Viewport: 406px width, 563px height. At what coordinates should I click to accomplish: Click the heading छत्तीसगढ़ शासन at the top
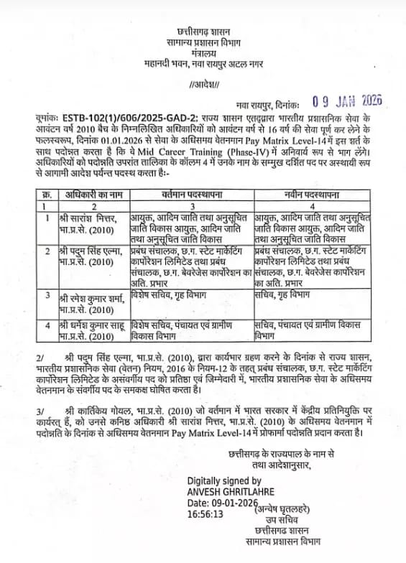pos(203,32)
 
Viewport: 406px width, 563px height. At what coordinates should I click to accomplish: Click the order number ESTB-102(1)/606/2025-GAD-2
pos(114,114)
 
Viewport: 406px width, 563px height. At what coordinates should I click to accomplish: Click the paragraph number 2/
pos(40,357)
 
